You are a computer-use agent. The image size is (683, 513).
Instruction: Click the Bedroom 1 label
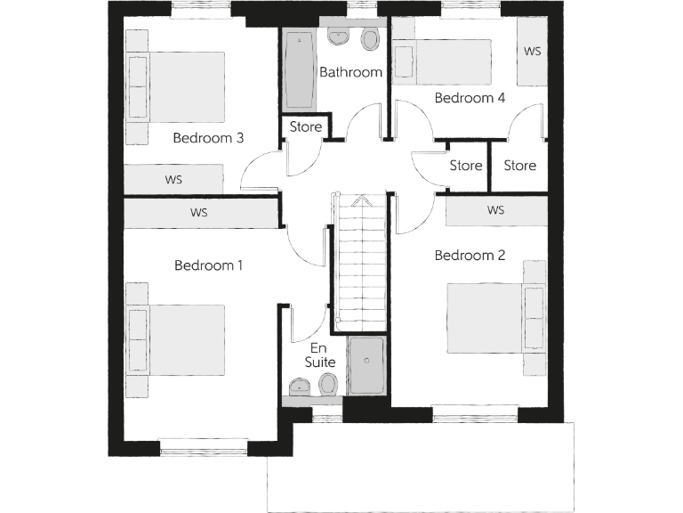(x=208, y=265)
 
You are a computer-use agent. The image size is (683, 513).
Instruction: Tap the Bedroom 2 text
(x=470, y=256)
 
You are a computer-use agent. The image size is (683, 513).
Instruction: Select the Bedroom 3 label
(x=208, y=138)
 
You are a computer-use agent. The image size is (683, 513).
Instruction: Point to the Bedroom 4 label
(x=470, y=98)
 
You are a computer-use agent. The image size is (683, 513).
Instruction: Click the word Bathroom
(x=350, y=72)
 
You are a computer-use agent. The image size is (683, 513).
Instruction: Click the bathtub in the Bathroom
(x=298, y=69)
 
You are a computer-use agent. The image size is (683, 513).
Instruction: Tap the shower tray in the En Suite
(x=366, y=365)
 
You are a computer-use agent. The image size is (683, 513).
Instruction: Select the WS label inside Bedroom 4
(x=532, y=52)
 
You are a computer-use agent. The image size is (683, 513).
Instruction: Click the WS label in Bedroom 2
(x=496, y=211)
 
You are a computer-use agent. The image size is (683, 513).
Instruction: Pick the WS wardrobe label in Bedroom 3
(x=173, y=179)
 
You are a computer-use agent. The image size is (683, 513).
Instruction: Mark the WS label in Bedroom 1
(x=199, y=213)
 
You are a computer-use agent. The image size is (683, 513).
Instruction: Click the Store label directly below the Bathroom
(x=306, y=127)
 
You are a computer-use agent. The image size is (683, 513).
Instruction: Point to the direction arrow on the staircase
(x=361, y=201)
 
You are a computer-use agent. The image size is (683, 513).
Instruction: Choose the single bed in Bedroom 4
(x=449, y=62)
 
